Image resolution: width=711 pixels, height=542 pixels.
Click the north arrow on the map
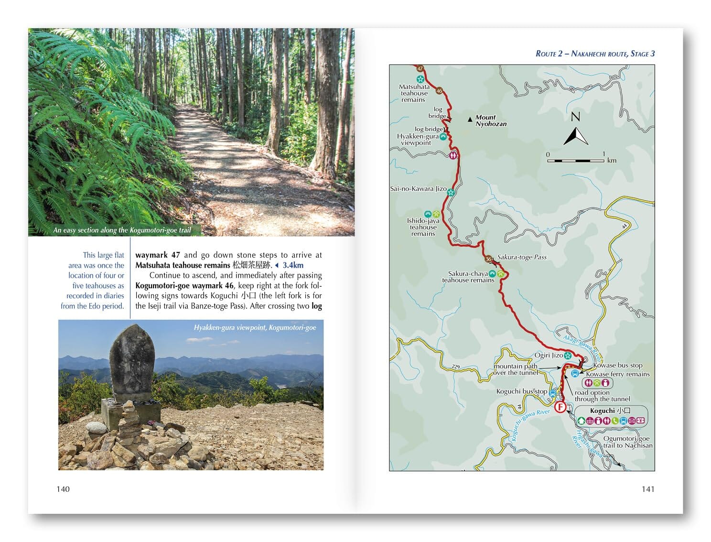576,130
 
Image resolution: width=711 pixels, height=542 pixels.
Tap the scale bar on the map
576,160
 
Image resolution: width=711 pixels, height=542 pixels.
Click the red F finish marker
560,407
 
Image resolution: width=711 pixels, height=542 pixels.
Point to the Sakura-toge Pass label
522,257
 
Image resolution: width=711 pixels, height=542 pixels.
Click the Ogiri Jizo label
549,355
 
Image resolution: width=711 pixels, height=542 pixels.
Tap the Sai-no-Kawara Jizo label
418,189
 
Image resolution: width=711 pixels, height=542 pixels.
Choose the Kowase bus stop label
617,365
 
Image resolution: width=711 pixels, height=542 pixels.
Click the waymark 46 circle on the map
439,91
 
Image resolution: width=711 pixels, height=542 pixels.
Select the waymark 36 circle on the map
488,259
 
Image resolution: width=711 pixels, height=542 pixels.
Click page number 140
63,488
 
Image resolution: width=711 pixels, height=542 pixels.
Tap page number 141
648,488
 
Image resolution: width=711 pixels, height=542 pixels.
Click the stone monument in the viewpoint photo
132,363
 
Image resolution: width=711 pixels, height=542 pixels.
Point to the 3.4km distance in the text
292,265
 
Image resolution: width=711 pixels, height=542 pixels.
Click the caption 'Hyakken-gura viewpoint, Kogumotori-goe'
255,327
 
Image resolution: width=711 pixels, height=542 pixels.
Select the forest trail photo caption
122,230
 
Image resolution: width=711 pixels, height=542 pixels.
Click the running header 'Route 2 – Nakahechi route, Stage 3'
595,54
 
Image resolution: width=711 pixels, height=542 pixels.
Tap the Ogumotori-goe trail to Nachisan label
627,442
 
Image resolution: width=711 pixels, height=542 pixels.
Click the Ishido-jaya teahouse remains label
423,227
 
